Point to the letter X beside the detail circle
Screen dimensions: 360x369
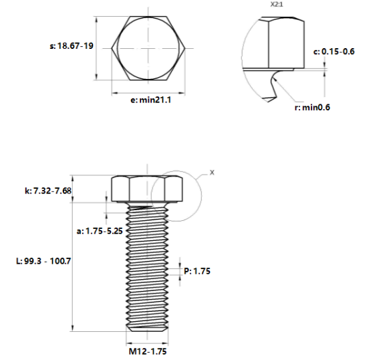(213, 172)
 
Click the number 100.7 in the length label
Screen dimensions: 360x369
(59, 260)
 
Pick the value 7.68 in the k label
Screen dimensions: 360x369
(64, 191)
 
